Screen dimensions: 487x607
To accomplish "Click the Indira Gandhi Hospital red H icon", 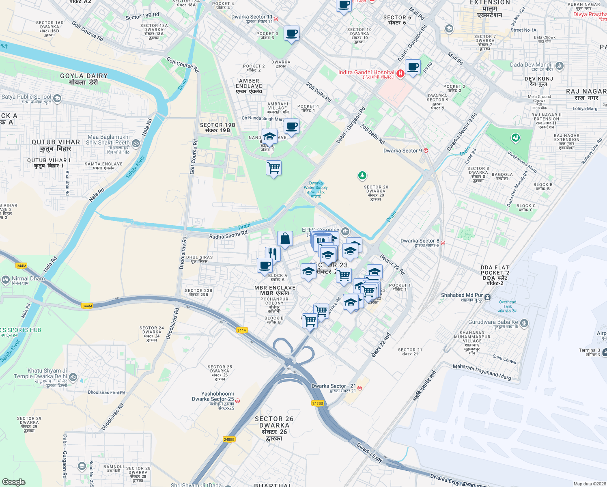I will click(x=400, y=73).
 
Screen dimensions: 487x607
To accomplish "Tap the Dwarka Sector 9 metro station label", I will click(x=403, y=151).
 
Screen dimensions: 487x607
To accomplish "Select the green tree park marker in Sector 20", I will click(x=362, y=175).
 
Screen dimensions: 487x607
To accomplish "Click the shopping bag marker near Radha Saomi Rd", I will click(x=285, y=239).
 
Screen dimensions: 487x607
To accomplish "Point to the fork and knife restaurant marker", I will click(x=273, y=254).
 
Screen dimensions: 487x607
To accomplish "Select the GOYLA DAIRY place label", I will click(x=84, y=79).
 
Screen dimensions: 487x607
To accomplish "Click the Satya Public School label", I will click(x=27, y=97).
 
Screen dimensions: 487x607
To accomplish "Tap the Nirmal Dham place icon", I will click(x=6, y=279).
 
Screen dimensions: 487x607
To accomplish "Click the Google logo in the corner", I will click(x=13, y=482).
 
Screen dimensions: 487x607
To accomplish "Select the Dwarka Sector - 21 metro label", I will click(x=334, y=386).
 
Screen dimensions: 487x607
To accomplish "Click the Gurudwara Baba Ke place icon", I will click(x=524, y=323).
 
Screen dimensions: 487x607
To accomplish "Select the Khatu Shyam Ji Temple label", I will click(x=47, y=373).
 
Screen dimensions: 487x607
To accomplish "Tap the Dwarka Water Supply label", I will click(x=316, y=187).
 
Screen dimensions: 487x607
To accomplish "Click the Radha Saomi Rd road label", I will click(x=228, y=235).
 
